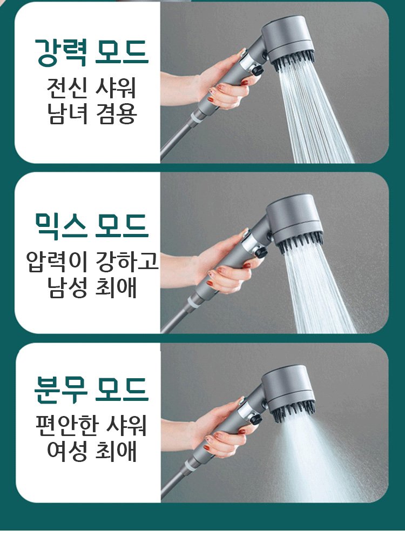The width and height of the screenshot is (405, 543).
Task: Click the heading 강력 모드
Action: coord(91,52)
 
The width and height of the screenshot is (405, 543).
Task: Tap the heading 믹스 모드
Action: coord(91,226)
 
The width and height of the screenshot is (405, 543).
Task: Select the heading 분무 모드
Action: coord(91,390)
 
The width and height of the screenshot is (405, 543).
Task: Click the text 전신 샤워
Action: coord(91,88)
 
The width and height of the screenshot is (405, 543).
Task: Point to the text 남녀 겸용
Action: coord(92,113)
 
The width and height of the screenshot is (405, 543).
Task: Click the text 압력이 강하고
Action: coord(92,262)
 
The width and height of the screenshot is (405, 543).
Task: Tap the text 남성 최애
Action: coord(92,288)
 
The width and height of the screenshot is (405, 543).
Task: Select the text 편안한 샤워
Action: coord(91,425)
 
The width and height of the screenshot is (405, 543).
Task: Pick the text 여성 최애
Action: coord(92,451)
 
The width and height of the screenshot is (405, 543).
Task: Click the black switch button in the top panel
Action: coord(257,70)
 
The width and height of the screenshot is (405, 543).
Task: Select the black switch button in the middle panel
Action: coord(261,252)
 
